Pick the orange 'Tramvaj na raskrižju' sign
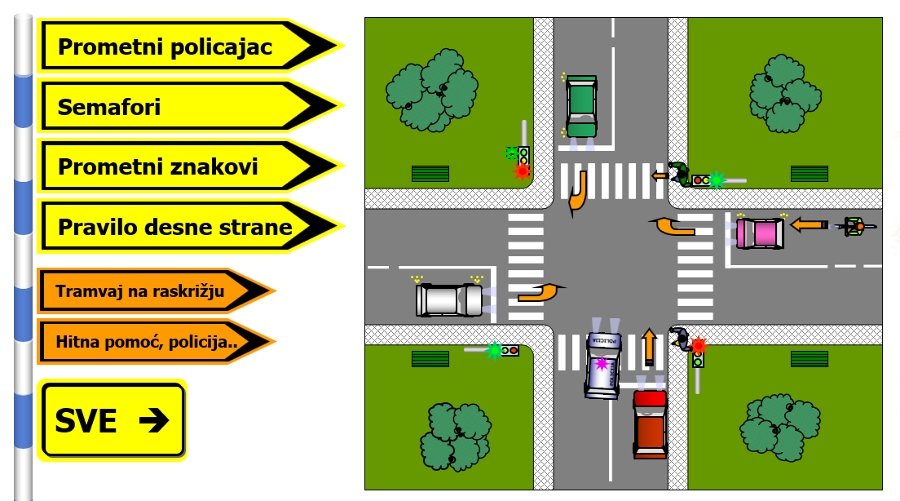click(x=147, y=290)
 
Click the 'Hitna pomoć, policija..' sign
click(x=147, y=343)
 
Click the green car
click(x=581, y=106)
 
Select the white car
click(x=448, y=299)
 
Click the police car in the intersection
click(x=603, y=366)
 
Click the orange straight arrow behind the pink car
click(x=808, y=224)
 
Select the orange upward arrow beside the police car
click(x=649, y=346)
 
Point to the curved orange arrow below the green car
click(x=577, y=191)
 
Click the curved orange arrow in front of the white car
click(x=540, y=291)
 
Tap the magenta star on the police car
click(x=602, y=363)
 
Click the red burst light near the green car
click(x=522, y=171)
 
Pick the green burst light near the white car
click(x=494, y=350)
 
